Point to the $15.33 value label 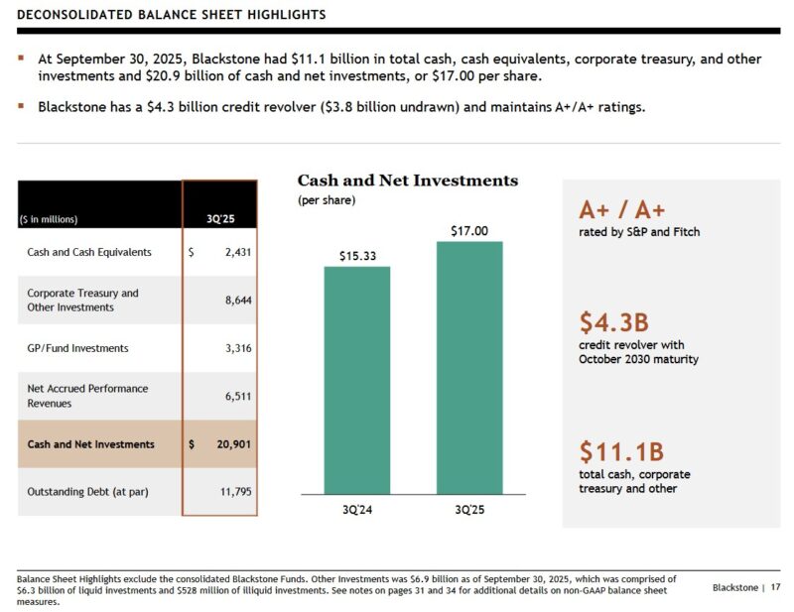coord(356,256)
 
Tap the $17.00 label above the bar coord(469,231)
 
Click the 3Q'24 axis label coord(356,510)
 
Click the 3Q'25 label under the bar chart coord(469,510)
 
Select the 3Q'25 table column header coord(219,219)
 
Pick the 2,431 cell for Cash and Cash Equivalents coord(237,252)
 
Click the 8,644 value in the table coord(237,301)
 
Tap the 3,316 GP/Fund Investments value coord(237,348)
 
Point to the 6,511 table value coord(237,396)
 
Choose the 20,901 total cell coord(234,444)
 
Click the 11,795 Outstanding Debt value coord(235,492)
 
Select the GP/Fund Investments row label coord(77,348)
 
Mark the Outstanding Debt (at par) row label coord(87,492)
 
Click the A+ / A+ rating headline coord(622,210)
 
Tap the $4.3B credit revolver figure coord(613,322)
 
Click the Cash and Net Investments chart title coord(408,181)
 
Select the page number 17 coord(775,588)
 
